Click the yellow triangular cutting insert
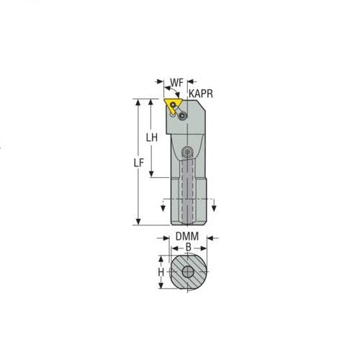(x=172, y=105)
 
